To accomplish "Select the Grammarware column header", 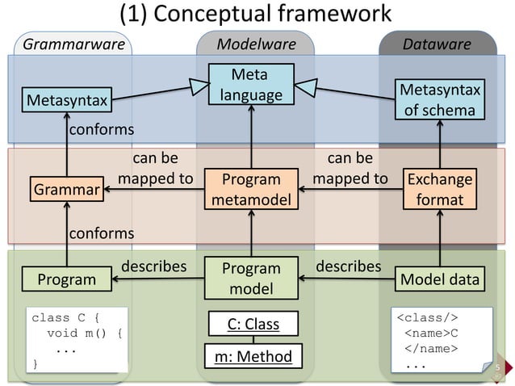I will click(x=73, y=44).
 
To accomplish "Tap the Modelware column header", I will click(x=256, y=44).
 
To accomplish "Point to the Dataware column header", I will click(x=438, y=44).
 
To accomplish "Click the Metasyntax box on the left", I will click(x=67, y=101).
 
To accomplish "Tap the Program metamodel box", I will click(x=251, y=189).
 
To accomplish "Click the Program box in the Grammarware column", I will click(x=66, y=279).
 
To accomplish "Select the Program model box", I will click(x=251, y=278).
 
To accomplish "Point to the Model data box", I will click(x=440, y=279).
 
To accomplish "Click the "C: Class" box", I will click(x=252, y=325).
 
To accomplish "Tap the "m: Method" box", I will click(x=252, y=355).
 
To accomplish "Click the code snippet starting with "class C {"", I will click(x=77, y=340).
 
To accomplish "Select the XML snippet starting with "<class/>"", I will click(x=440, y=340).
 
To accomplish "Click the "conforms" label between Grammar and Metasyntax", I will click(x=100, y=130).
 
